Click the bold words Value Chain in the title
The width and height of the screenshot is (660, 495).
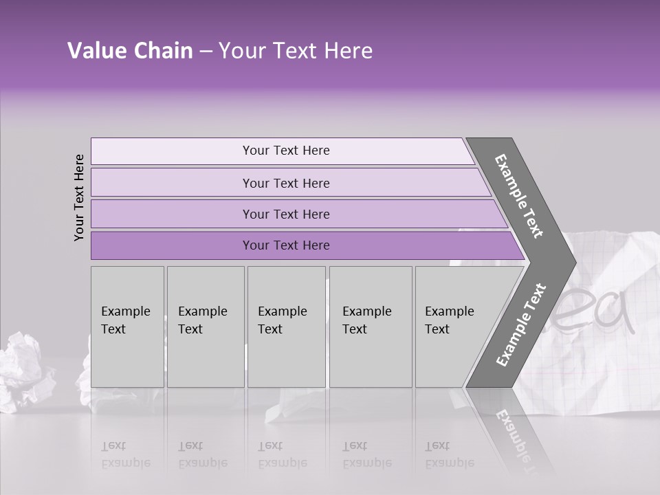click(130, 51)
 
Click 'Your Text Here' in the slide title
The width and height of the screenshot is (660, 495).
click(295, 51)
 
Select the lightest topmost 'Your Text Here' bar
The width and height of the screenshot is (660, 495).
click(285, 151)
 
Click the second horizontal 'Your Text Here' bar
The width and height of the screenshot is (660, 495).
click(285, 183)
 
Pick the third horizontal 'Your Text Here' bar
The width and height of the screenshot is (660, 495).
click(285, 214)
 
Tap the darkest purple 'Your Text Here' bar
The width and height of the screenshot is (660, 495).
click(285, 245)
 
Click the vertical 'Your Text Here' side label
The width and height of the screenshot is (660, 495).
click(79, 197)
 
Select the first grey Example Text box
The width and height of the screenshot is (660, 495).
click(127, 326)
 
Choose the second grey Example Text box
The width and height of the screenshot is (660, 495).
click(205, 326)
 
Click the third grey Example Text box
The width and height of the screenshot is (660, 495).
click(285, 326)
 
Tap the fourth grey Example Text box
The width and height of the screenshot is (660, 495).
click(370, 326)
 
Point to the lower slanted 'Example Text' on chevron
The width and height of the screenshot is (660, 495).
click(521, 325)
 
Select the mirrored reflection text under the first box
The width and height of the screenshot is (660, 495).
click(126, 454)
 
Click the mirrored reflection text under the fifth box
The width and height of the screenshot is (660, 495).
click(450, 454)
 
